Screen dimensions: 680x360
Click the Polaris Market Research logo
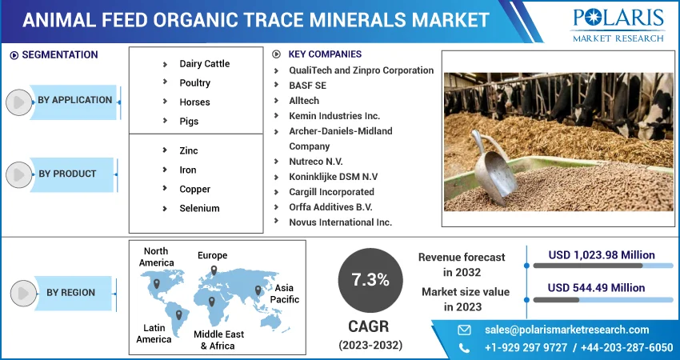click(x=618, y=24)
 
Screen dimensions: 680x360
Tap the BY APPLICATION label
click(x=74, y=100)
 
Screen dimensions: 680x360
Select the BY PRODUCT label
click(x=67, y=174)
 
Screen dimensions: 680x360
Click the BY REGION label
click(x=70, y=293)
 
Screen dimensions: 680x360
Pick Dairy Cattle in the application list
click(x=205, y=64)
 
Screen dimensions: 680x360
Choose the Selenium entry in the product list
click(x=199, y=208)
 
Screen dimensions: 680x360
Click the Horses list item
click(x=194, y=102)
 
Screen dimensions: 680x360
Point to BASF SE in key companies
click(x=307, y=86)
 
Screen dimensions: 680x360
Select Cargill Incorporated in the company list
click(x=332, y=192)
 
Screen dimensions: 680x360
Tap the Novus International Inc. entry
click(x=341, y=222)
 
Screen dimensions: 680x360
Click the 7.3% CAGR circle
click(x=370, y=280)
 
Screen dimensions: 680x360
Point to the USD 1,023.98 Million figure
click(x=602, y=255)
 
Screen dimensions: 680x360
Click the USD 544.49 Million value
click(x=596, y=288)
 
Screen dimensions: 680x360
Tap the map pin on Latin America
click(x=178, y=315)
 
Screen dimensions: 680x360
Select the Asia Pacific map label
click(x=285, y=294)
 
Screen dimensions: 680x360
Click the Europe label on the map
click(x=213, y=255)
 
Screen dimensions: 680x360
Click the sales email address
click(x=567, y=330)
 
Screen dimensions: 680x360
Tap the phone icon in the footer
click(x=464, y=348)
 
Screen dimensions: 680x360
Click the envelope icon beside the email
click(x=464, y=330)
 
